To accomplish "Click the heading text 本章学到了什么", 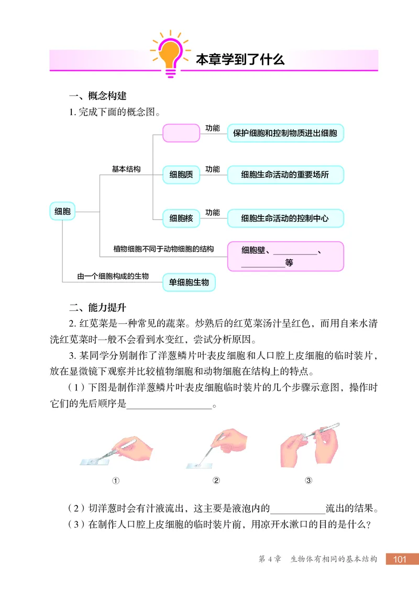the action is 240,59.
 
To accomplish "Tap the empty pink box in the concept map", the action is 181,133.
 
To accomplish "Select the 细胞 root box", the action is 63,212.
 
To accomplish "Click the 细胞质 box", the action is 181,175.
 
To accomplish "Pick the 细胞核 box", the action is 181,218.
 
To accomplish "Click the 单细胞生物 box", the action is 189,282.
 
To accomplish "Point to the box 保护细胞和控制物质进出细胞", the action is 285,133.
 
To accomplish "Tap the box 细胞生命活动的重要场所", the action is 285,175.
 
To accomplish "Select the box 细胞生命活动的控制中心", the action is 285,218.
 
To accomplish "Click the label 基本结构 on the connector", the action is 126,169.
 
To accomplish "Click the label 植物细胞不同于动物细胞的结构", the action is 163,249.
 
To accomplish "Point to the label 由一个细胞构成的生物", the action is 113,276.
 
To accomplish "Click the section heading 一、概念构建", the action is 98,96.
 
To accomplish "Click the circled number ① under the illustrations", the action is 116,481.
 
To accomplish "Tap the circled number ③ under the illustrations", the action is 308,481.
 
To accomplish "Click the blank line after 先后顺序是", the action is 169,406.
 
